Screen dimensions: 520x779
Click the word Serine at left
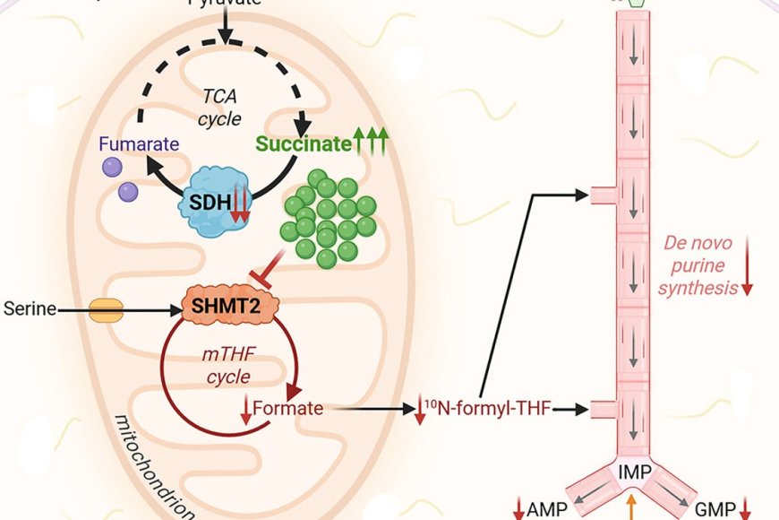click(x=24, y=310)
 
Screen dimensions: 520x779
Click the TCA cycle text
click(x=220, y=107)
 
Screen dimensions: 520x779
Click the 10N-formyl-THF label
click(x=490, y=410)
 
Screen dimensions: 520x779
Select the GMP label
click(x=714, y=509)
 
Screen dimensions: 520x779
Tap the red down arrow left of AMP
click(x=518, y=509)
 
